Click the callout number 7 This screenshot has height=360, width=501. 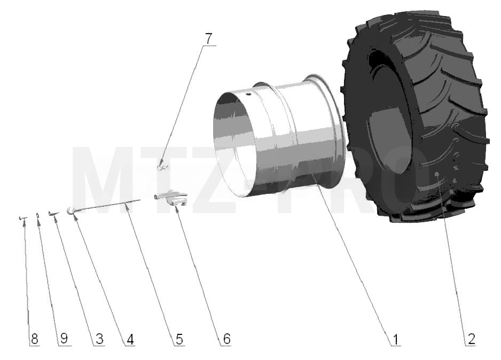tap(208, 39)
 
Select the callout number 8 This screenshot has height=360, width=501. tap(35, 339)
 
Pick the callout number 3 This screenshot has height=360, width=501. tap(99, 339)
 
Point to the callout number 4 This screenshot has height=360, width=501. tap(130, 339)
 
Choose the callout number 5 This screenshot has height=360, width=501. tap(179, 339)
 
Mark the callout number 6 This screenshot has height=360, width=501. tap(226, 339)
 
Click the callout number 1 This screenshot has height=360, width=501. tap(396, 339)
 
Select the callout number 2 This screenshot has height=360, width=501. tap(471, 339)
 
